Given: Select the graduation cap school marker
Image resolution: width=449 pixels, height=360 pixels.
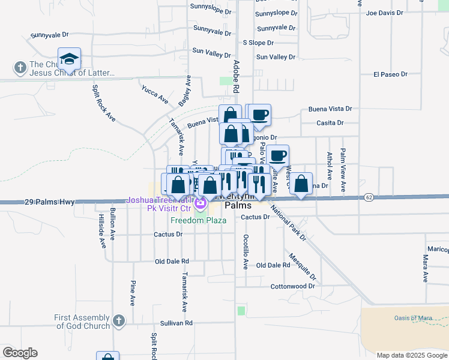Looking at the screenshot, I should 70,59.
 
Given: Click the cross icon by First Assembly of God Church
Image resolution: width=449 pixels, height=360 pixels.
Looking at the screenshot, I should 118,321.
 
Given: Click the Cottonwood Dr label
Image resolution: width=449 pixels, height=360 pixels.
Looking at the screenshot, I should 292,287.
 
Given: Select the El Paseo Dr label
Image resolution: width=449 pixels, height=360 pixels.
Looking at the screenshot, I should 390,74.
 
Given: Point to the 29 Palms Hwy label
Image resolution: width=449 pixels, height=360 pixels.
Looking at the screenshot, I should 49,202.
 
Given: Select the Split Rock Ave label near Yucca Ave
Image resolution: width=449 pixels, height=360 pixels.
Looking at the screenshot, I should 103,103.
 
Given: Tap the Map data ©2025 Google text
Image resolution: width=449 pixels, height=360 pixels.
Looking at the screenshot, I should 411,355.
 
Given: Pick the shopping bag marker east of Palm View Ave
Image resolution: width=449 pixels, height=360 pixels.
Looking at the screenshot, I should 303,184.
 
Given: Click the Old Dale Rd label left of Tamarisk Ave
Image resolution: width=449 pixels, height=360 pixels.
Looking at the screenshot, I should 172,262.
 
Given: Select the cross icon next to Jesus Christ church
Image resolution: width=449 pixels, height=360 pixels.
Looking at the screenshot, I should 20,68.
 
